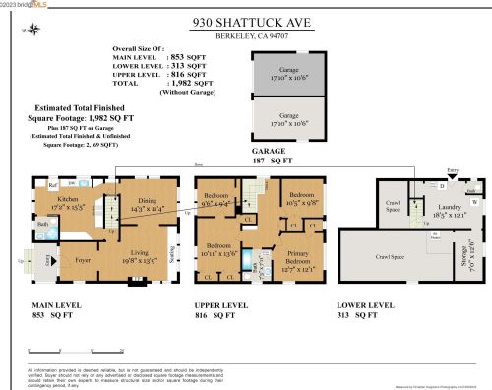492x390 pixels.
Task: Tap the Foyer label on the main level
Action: (x=68, y=262)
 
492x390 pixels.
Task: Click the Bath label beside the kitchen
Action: (x=43, y=225)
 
